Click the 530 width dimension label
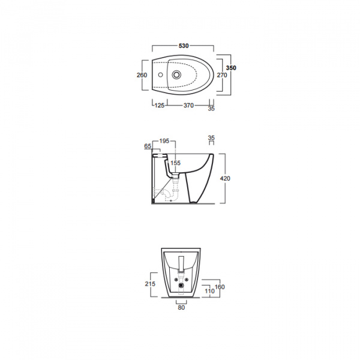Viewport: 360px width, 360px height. coord(184,46)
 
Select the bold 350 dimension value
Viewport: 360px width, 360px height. coord(231,68)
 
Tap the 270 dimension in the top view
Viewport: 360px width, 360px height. coord(222,75)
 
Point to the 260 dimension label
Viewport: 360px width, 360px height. coord(142,75)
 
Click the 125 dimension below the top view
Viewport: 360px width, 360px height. coord(160,106)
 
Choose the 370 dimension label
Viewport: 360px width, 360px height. coord(188,106)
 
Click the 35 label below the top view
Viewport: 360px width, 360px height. coord(211,109)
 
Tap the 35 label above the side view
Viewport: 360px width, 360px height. coord(211,138)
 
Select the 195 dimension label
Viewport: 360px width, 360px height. coord(164,141)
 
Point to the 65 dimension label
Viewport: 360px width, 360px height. coord(148,146)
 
